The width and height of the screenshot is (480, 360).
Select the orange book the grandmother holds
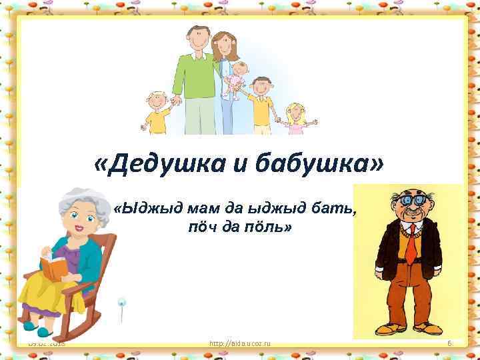click(x=54, y=268)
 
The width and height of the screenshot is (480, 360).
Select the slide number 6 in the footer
click(x=450, y=343)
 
